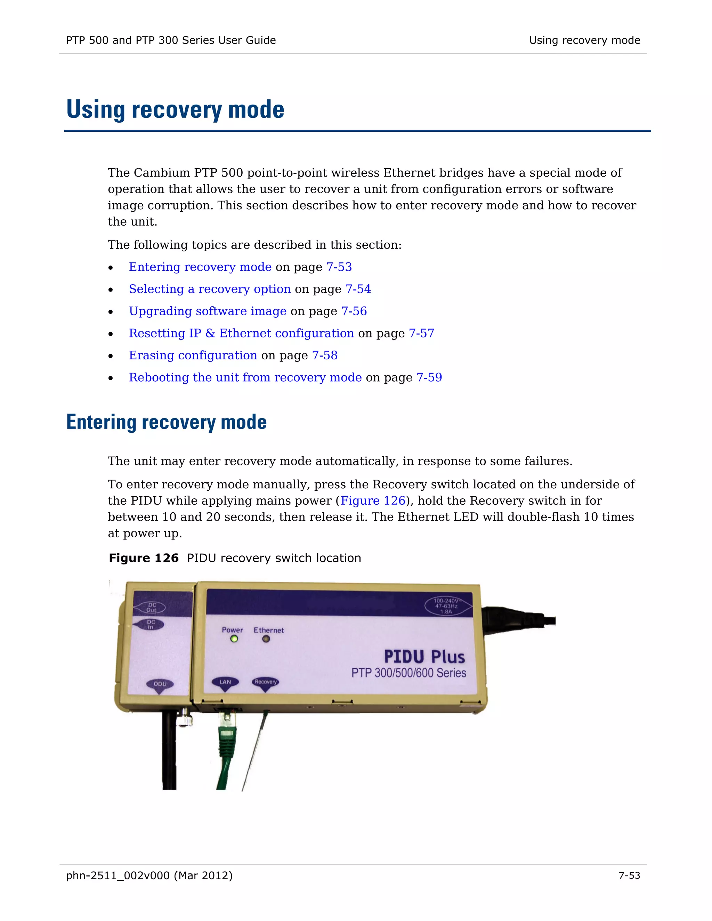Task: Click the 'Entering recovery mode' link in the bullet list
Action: pos(200,267)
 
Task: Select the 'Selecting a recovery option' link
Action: pos(210,289)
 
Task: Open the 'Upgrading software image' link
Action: pos(208,311)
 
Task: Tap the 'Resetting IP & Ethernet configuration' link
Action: pos(241,333)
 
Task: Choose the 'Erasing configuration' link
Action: pos(193,356)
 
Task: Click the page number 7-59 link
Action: pos(429,377)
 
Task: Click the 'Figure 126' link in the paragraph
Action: pos(372,500)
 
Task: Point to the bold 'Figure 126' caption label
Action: pos(144,558)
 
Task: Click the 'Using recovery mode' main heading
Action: pos(175,109)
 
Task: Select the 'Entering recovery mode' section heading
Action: pos(166,422)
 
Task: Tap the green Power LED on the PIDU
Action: pos(234,639)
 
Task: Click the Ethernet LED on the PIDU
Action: pos(266,639)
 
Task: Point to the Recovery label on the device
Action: pos(265,682)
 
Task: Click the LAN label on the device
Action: pos(225,682)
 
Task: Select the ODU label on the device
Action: pos(160,684)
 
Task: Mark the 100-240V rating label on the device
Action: pos(446,605)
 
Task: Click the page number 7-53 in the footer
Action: pos(629,875)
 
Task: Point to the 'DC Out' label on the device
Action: pos(152,607)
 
